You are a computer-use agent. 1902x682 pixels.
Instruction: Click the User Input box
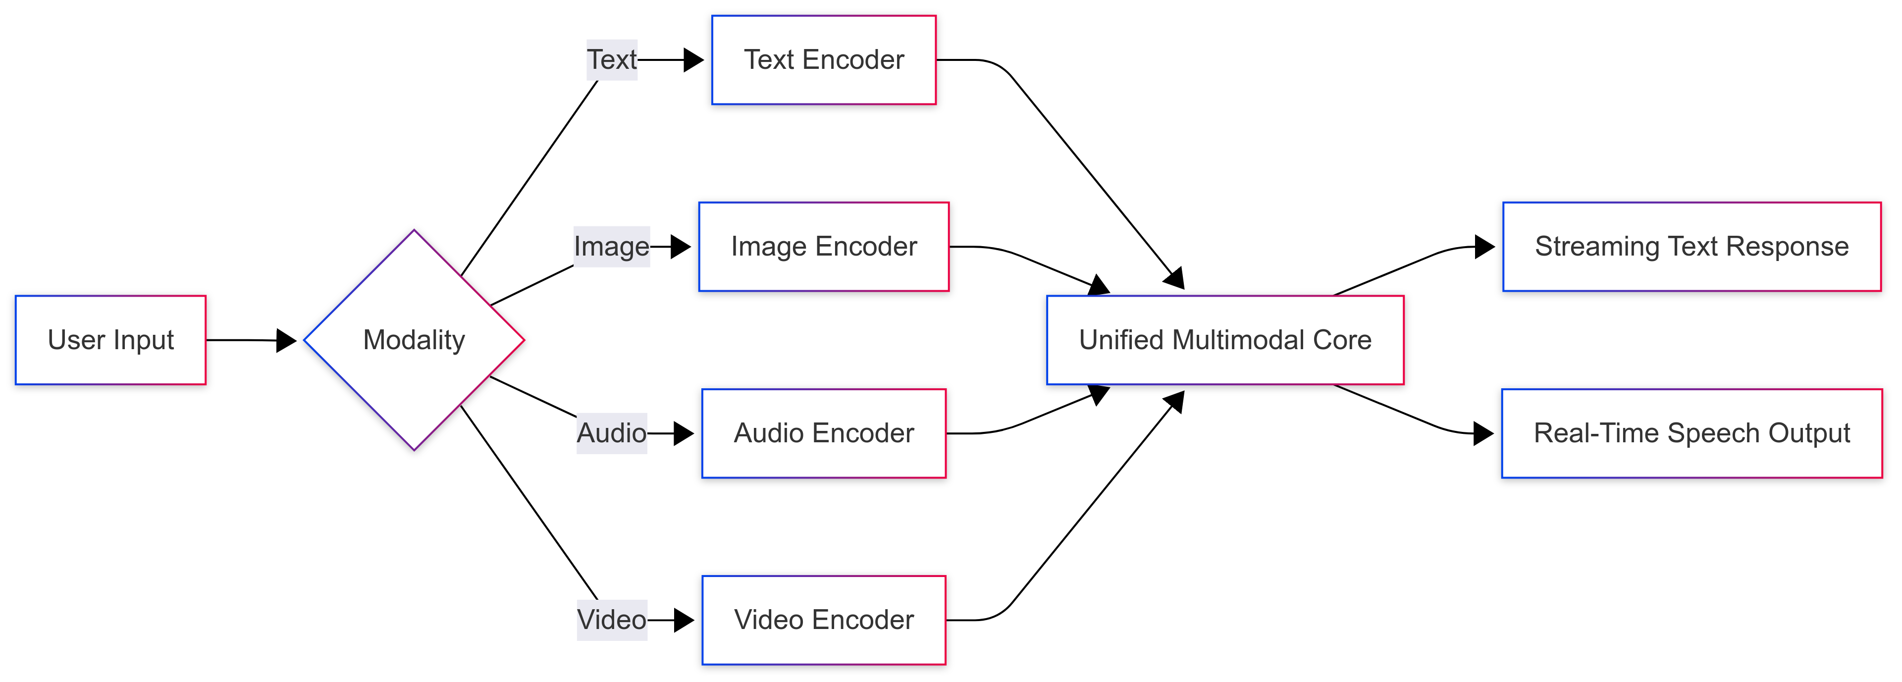pos(111,340)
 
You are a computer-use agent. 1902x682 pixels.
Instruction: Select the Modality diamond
pos(414,340)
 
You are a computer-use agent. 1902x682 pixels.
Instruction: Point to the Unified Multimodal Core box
pos(1224,340)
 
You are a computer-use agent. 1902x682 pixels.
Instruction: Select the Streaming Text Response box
pos(1691,247)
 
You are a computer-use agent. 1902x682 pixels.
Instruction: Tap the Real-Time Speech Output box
pos(1691,433)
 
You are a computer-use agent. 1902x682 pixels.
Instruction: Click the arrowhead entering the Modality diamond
pos(286,340)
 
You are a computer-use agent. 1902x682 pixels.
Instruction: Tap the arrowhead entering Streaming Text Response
pos(1484,247)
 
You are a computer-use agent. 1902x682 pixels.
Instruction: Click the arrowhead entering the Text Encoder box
pos(693,60)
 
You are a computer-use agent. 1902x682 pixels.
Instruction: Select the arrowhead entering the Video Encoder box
pos(684,620)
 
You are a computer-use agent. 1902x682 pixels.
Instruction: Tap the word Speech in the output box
pos(1701,433)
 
